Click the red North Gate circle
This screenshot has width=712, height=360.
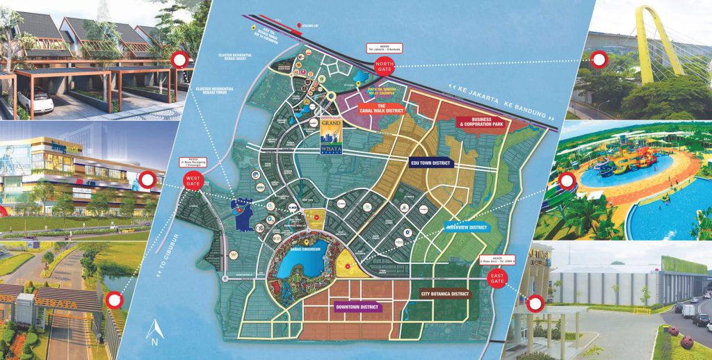[384, 67]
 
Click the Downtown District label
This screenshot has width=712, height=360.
[357, 306]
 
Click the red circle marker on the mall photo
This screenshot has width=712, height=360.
[147, 181]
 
